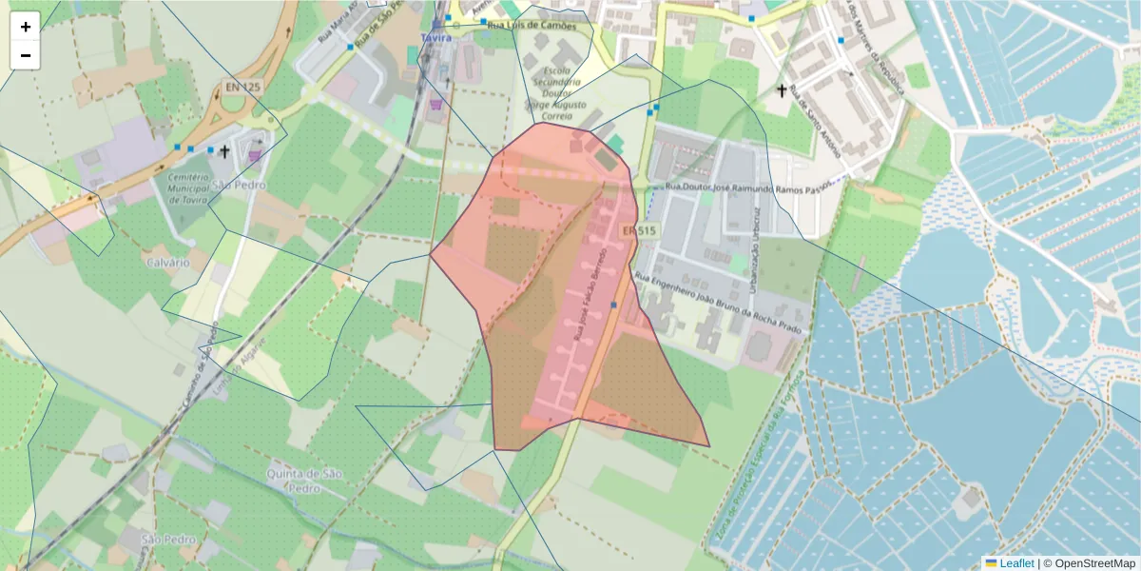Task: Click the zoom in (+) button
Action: (26, 27)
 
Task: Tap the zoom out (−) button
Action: (26, 55)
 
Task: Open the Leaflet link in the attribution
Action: (1016, 563)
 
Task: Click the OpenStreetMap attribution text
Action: (1094, 563)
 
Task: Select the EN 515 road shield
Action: (639, 231)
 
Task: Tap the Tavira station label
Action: (436, 38)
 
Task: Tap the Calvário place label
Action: (167, 261)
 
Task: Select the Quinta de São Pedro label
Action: (305, 481)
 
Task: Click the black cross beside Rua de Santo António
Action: (783, 90)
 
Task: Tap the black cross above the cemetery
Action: (224, 150)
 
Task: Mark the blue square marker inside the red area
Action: (614, 305)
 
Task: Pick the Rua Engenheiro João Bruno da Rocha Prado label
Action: (720, 305)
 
